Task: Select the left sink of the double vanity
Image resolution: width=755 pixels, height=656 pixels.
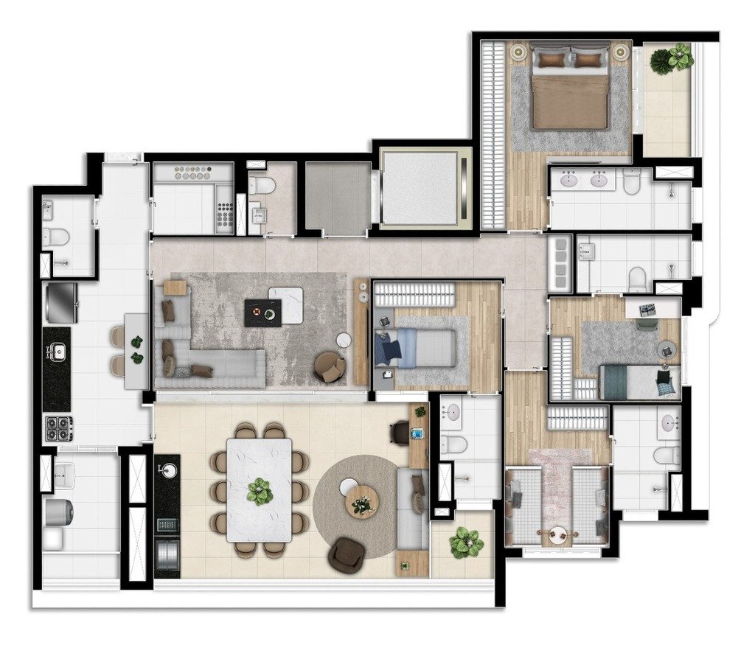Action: (569, 180)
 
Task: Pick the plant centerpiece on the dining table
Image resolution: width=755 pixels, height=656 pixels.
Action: (260, 492)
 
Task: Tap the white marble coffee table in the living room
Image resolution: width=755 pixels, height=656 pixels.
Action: (287, 304)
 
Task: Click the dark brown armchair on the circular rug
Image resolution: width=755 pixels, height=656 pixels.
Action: (344, 554)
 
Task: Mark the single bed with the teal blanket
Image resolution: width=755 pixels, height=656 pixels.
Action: (639, 382)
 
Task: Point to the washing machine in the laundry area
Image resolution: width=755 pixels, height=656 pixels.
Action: (59, 512)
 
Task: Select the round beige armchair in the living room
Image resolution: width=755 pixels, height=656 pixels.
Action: (330, 366)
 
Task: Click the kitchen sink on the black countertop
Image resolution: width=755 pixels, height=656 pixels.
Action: (56, 352)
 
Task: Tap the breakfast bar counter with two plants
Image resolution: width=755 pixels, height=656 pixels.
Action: (136, 350)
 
